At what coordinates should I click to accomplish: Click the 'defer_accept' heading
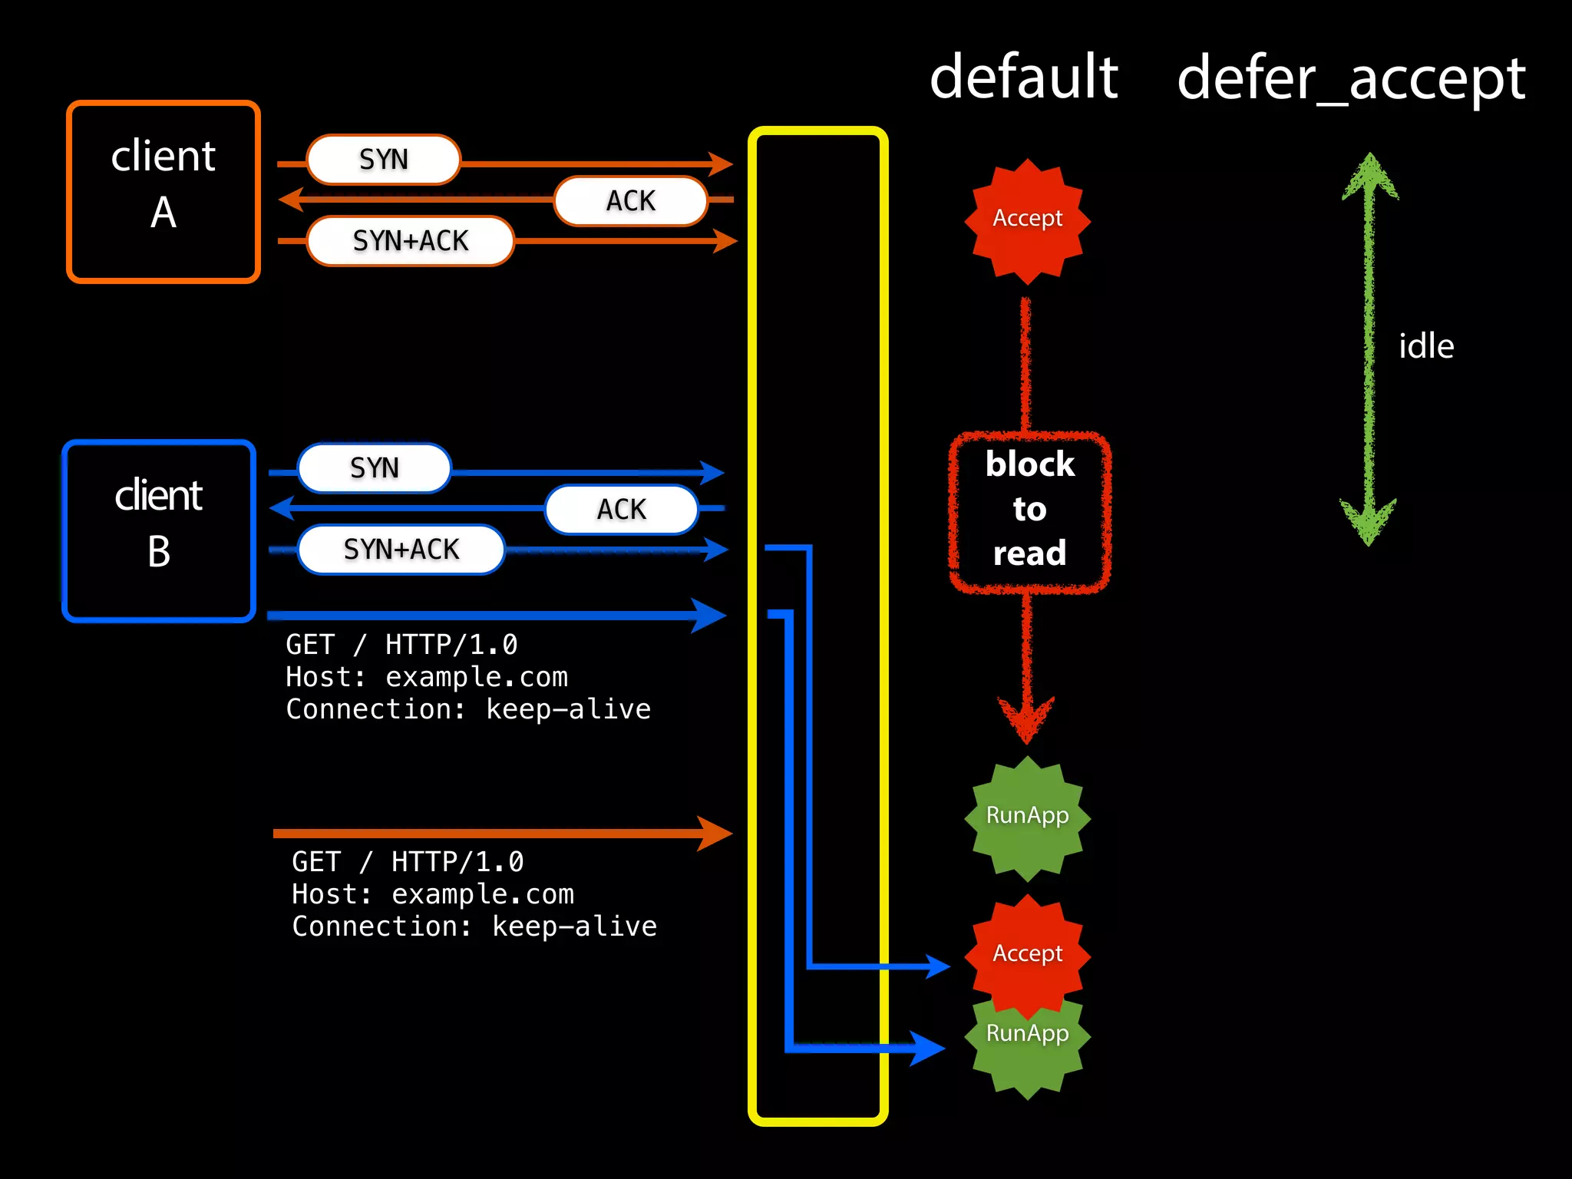click(x=1351, y=79)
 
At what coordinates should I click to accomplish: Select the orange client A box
click(x=163, y=192)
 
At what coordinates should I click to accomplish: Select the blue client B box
click(x=159, y=531)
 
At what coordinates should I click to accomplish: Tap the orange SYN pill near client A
click(x=383, y=160)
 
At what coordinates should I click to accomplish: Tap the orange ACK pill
click(x=630, y=201)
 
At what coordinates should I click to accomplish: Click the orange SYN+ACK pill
click(x=410, y=241)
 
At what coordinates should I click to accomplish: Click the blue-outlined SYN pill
click(x=374, y=468)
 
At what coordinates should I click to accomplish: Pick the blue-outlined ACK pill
click(x=621, y=510)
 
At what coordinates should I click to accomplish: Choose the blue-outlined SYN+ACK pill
click(x=401, y=550)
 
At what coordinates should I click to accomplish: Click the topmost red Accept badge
click(x=1027, y=220)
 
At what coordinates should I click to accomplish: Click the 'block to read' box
click(x=1029, y=510)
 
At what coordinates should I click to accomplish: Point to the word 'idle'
click(x=1425, y=346)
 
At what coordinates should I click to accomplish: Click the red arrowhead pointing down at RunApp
click(x=1026, y=718)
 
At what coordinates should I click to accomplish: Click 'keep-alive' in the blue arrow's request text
click(x=568, y=709)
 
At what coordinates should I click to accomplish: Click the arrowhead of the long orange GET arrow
click(x=714, y=834)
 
